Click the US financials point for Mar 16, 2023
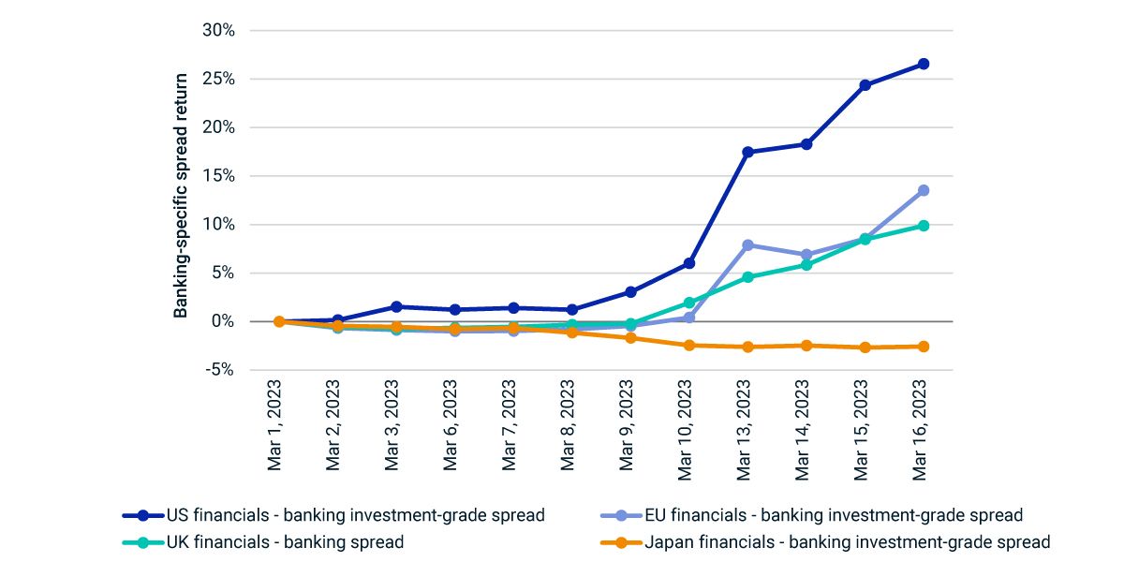[923, 64]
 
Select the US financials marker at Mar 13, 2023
[747, 152]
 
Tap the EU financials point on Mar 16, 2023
[923, 190]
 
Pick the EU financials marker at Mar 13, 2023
[747, 245]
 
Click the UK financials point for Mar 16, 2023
[923, 226]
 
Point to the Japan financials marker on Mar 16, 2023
[923, 347]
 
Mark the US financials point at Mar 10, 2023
[688, 263]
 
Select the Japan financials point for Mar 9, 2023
[630, 337]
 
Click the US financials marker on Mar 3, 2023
[396, 306]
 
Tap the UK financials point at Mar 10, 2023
[688, 303]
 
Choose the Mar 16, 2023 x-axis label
[923, 431]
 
